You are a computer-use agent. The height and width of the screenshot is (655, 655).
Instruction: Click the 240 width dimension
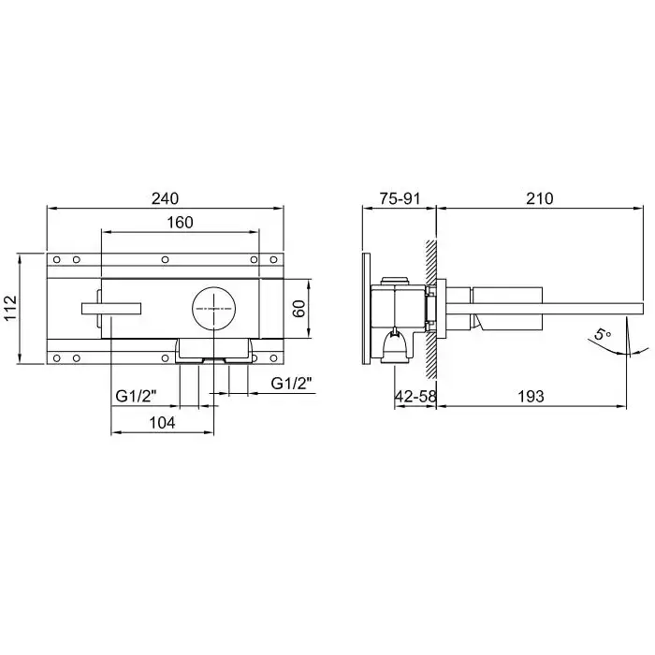pos(165,198)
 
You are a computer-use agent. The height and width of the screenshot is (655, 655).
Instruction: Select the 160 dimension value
pos(180,223)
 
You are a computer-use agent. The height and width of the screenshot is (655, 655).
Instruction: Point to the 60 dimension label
pos(299,308)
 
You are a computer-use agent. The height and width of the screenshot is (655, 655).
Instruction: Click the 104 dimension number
pos(162,423)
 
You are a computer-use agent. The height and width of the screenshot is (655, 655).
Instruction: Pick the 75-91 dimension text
pos(400,198)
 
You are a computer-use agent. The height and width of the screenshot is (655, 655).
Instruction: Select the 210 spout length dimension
pos(539,198)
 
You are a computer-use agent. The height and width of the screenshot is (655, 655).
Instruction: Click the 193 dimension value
pos(531,396)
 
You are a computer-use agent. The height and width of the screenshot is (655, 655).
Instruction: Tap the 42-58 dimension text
pos(415,396)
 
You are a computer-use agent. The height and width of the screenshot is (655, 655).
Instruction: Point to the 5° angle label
pos(603,335)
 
